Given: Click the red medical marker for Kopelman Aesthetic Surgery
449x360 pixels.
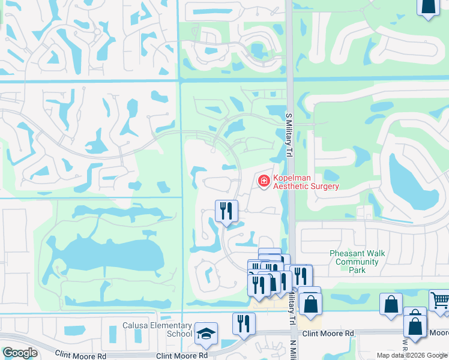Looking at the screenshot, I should pyautogui.click(x=263, y=180).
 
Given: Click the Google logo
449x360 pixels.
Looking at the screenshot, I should pyautogui.click(x=20, y=353).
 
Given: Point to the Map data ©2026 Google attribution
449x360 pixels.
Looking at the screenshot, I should pyautogui.click(x=412, y=355).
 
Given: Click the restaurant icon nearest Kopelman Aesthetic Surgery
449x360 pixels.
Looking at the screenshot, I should pyautogui.click(x=226, y=211).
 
